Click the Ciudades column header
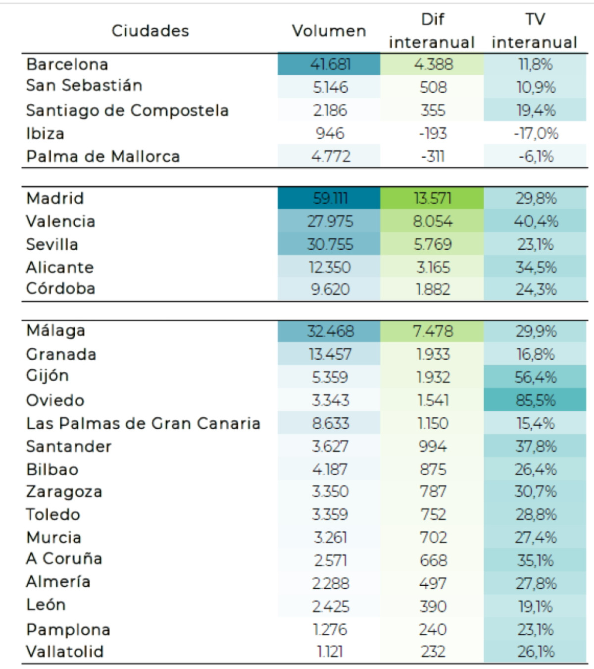(x=150, y=31)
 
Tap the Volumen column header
(x=329, y=31)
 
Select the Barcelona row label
(x=67, y=64)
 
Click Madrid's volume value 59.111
(x=330, y=198)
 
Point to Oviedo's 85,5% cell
(x=536, y=400)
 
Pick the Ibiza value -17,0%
(x=536, y=133)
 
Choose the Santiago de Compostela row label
(x=127, y=110)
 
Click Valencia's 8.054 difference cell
(x=433, y=221)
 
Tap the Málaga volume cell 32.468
(x=330, y=331)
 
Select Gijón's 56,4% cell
(x=536, y=377)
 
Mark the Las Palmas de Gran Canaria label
(x=143, y=423)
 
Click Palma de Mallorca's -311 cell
(x=433, y=157)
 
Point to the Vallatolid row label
(x=65, y=652)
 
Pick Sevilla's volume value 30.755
(x=330, y=244)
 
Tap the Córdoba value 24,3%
(x=536, y=289)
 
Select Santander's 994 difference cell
(x=433, y=446)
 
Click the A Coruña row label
(x=64, y=558)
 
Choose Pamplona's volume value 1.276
(x=330, y=629)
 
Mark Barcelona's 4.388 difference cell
(x=433, y=64)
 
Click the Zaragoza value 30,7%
(x=536, y=492)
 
